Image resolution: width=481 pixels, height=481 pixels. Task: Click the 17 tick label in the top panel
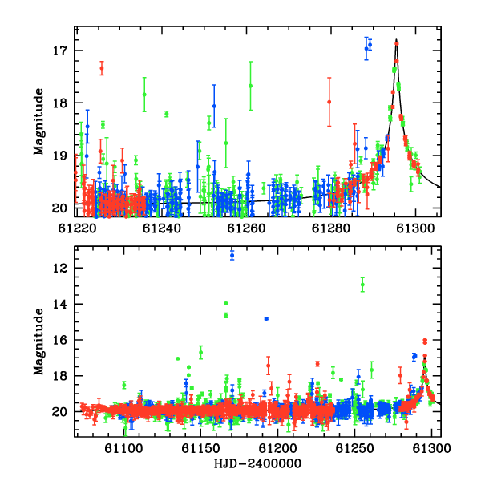60,51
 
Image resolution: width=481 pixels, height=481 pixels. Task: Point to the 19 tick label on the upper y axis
60,156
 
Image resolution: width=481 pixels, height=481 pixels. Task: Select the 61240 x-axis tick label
162,228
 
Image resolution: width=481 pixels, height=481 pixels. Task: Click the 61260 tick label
246,228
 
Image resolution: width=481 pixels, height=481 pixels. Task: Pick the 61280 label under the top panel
331,228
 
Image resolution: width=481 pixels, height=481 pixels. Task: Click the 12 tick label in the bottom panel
60,269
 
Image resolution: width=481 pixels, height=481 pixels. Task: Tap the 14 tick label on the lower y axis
60,305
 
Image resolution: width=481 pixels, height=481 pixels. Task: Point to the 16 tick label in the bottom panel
60,340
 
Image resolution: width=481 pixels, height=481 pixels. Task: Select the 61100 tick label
123,448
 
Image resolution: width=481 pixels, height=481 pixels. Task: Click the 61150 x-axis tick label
200,448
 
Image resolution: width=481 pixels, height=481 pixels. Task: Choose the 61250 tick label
355,448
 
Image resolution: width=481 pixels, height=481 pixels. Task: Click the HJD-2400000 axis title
257,463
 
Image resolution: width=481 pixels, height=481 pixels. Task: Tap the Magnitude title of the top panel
38,122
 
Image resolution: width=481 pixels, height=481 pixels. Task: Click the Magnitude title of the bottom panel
38,342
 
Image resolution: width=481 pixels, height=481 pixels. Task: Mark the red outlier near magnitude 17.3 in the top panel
102,68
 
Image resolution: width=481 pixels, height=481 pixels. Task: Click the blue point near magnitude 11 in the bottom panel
232,255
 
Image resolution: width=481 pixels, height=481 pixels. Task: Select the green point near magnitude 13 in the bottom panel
362,285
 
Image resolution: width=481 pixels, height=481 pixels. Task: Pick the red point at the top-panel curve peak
397,44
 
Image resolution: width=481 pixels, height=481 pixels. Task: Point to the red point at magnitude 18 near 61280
329,102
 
